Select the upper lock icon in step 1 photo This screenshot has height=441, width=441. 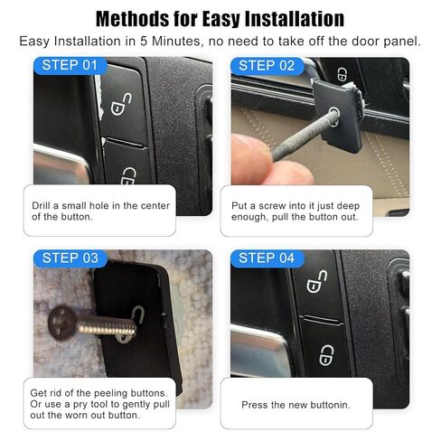click(x=117, y=104)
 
